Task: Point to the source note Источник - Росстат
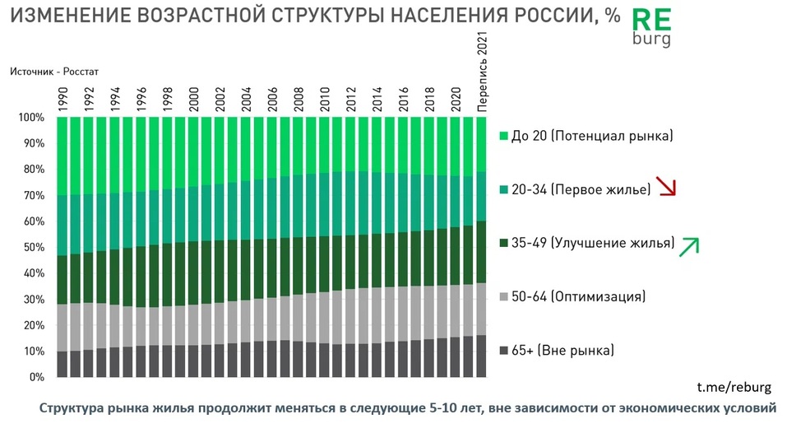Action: (x=54, y=72)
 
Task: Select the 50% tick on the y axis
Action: (x=32, y=248)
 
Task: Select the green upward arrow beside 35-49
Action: (x=688, y=246)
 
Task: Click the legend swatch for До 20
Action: (x=504, y=134)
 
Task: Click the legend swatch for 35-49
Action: (x=504, y=243)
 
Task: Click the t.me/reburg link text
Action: (x=734, y=388)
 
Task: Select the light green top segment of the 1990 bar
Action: (x=62, y=156)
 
